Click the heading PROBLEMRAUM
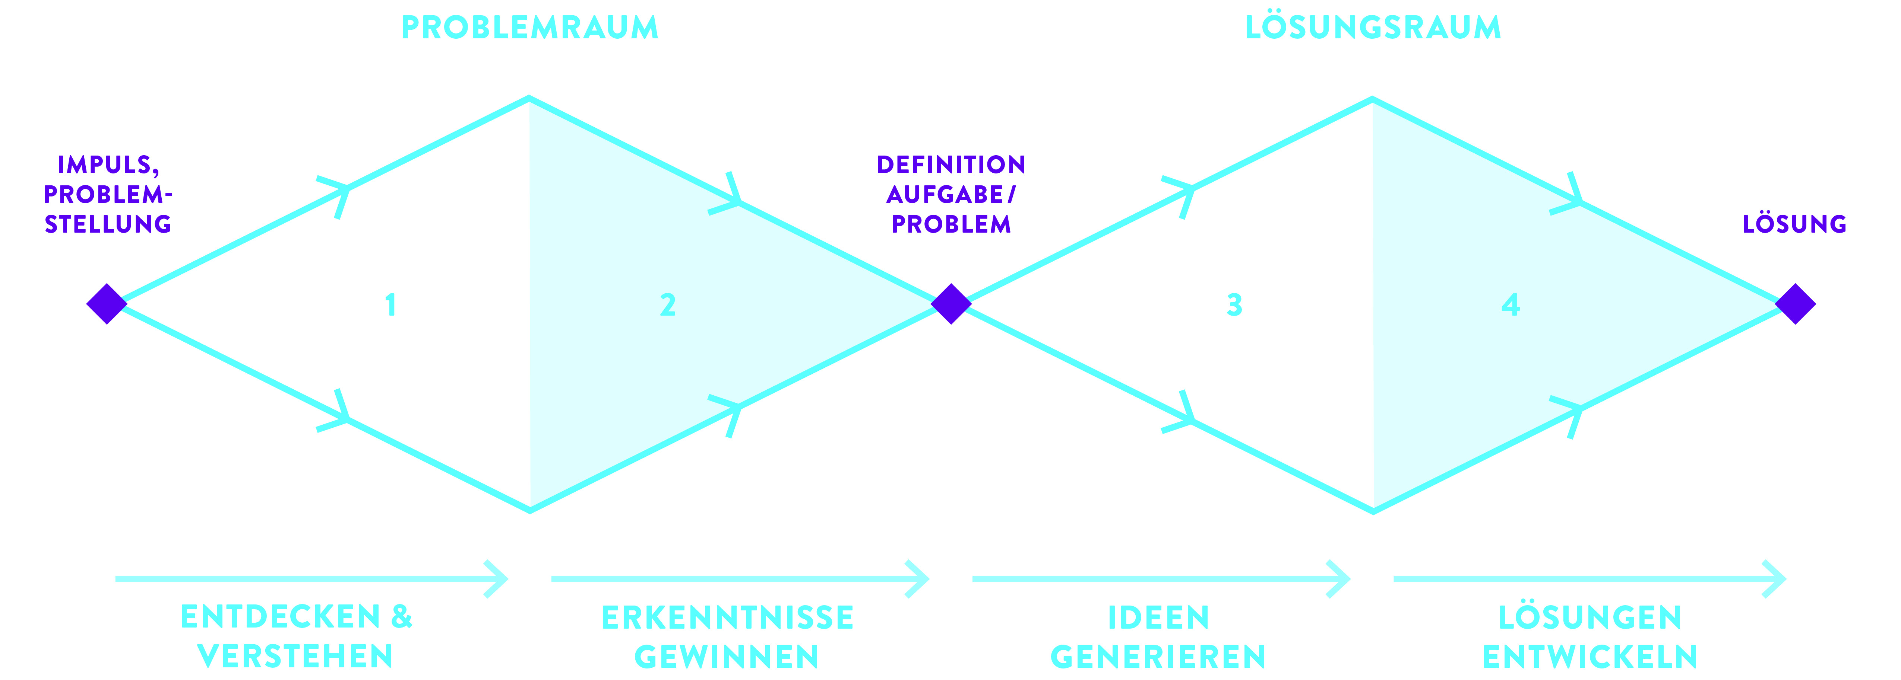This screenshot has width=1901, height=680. pos(529,28)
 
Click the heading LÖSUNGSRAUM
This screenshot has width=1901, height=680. pos(1373,28)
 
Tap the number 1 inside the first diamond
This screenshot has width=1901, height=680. pos(390,304)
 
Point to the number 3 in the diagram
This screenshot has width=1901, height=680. pos(1234,304)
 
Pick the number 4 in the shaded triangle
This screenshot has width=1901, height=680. pos(1511,304)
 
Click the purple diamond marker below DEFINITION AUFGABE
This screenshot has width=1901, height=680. pos(950,304)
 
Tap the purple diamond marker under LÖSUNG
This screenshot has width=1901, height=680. pos(1795,304)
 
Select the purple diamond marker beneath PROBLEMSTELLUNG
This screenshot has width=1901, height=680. pos(107,304)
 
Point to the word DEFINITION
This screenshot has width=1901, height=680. pos(950,165)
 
